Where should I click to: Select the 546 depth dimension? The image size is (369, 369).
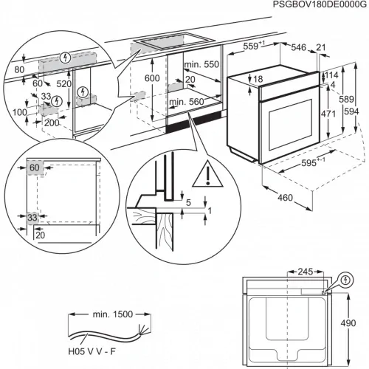297,46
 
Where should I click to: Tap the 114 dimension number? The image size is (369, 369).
331,76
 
